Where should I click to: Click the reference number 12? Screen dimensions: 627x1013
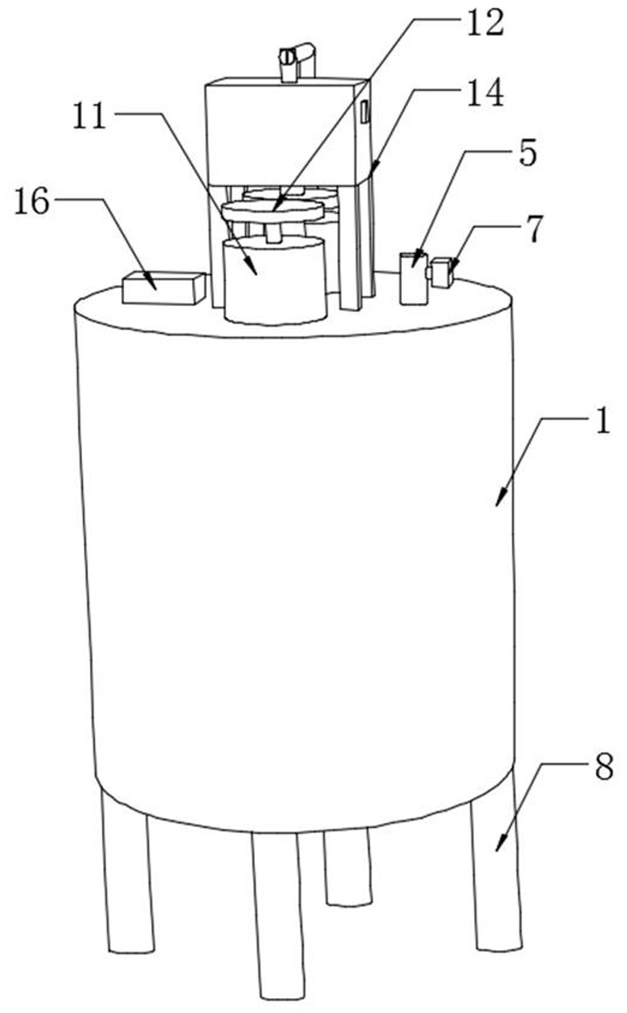(485, 24)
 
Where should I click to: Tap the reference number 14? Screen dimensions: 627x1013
(485, 94)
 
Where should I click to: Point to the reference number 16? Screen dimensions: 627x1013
(32, 202)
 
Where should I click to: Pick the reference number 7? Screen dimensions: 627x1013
(534, 229)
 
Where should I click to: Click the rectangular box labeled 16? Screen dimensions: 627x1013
(163, 288)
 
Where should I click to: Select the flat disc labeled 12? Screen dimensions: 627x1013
(272, 211)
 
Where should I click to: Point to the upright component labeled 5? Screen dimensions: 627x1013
(412, 279)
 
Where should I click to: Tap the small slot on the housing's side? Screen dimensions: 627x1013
(364, 111)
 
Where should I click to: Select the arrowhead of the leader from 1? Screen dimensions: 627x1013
(500, 502)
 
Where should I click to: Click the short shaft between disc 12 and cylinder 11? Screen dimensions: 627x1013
(274, 231)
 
